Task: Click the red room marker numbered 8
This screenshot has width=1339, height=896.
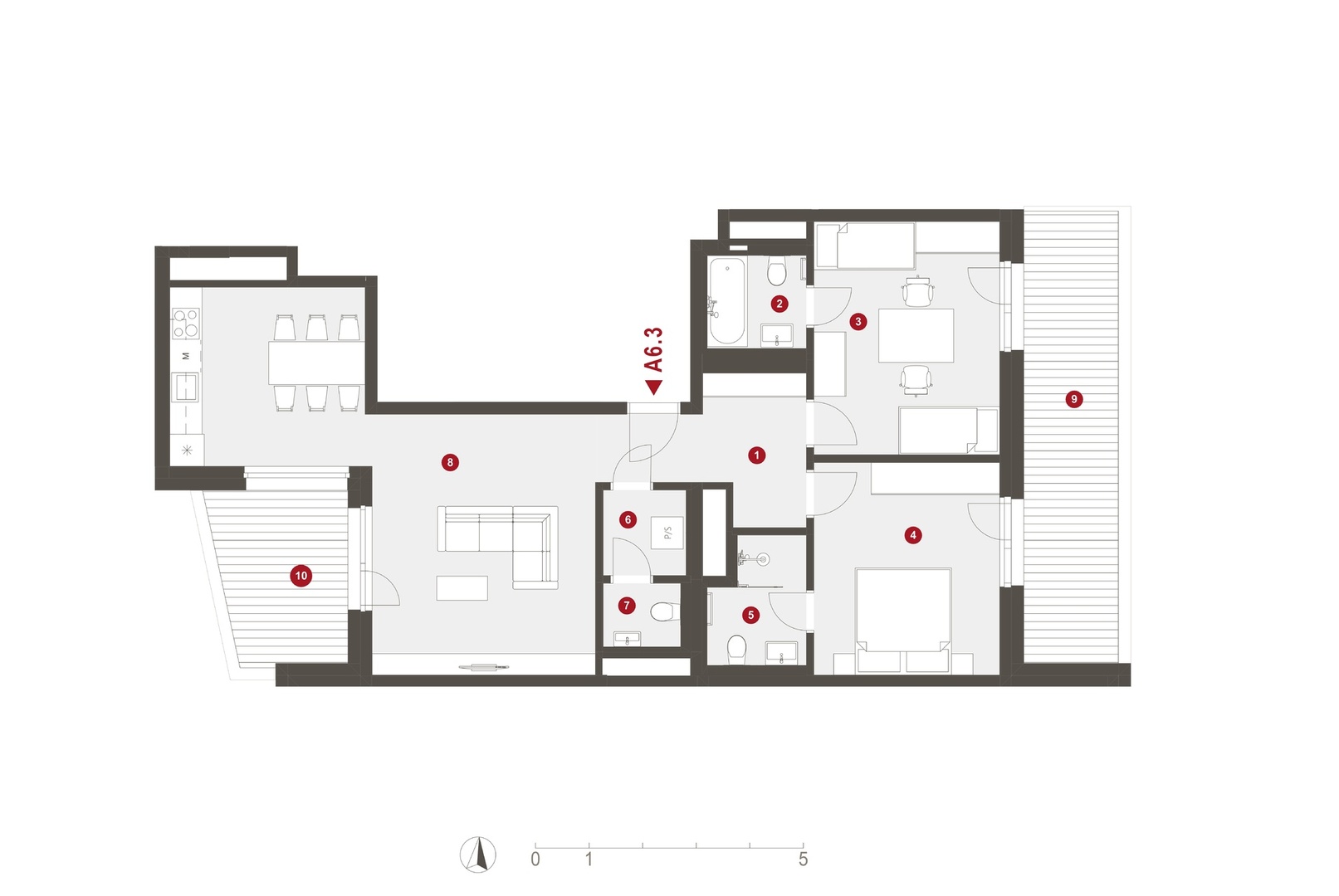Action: tap(450, 462)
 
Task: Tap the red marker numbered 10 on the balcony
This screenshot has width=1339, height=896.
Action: tap(301, 576)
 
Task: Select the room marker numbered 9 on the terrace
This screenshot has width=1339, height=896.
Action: tap(1073, 399)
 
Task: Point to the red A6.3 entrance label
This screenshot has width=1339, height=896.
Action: tap(653, 349)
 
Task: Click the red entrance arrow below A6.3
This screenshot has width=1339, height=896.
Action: tap(653, 387)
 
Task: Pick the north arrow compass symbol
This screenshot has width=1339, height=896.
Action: tap(477, 855)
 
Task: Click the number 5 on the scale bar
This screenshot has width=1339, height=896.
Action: tap(803, 859)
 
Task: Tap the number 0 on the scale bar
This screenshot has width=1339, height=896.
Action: tap(535, 859)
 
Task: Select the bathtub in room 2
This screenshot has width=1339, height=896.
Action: tap(727, 301)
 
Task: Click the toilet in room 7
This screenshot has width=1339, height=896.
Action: tap(665, 611)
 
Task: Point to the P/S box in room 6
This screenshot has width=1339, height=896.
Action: tap(667, 533)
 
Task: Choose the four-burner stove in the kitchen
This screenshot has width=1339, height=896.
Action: tap(185, 324)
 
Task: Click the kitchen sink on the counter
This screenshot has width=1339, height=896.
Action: tap(185, 387)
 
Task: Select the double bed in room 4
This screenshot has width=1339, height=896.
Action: tap(902, 621)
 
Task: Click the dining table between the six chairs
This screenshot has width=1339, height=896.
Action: tap(316, 363)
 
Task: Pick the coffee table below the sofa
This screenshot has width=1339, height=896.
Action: tap(462, 587)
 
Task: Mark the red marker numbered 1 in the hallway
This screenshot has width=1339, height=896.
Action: tap(756, 455)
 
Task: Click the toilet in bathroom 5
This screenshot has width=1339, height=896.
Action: tap(736, 649)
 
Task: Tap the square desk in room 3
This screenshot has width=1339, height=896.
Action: tap(916, 335)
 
